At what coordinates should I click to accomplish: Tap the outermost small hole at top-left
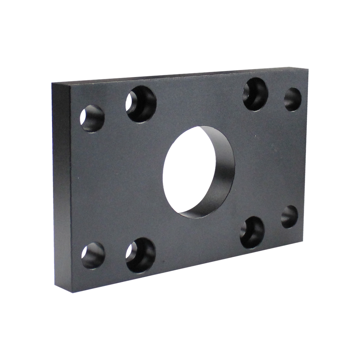[92, 118]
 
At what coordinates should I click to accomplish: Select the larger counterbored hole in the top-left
[141, 104]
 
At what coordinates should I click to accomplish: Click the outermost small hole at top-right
[292, 99]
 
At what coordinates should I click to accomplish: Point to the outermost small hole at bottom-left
[93, 255]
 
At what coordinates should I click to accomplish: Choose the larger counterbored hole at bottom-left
[141, 255]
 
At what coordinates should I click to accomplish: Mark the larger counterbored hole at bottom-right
[252, 232]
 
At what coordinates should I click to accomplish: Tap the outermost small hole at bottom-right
[290, 217]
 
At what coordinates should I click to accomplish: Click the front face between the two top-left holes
[115, 111]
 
